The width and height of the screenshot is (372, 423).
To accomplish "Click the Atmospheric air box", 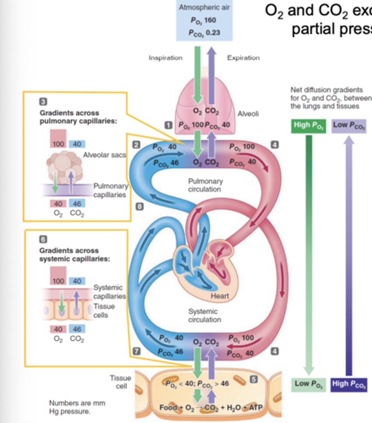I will point(204,20).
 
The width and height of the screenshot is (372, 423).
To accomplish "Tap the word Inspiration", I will point(165,58).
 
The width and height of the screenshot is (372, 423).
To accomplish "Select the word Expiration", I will point(243,58).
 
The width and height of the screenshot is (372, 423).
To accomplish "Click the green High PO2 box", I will point(308,126).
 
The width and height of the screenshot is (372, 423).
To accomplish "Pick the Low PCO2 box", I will point(349,126).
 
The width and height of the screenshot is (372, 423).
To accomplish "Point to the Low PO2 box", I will point(308,384).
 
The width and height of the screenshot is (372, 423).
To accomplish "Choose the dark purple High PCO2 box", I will point(349,384).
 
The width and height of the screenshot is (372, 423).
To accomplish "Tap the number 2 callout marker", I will point(136,145).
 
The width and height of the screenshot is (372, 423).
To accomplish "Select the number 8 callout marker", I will point(140,207).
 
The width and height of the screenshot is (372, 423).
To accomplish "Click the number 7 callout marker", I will point(136,351).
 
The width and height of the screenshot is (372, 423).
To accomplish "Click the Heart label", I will point(220,296).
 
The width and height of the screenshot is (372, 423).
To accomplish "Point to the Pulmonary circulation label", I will point(205,185).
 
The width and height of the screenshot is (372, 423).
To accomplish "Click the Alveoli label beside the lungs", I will point(248,114).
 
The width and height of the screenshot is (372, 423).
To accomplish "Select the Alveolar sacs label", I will point(104,155).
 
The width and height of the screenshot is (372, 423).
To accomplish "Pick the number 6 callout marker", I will point(43,239).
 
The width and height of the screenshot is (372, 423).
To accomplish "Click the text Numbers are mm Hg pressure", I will point(77,407).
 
